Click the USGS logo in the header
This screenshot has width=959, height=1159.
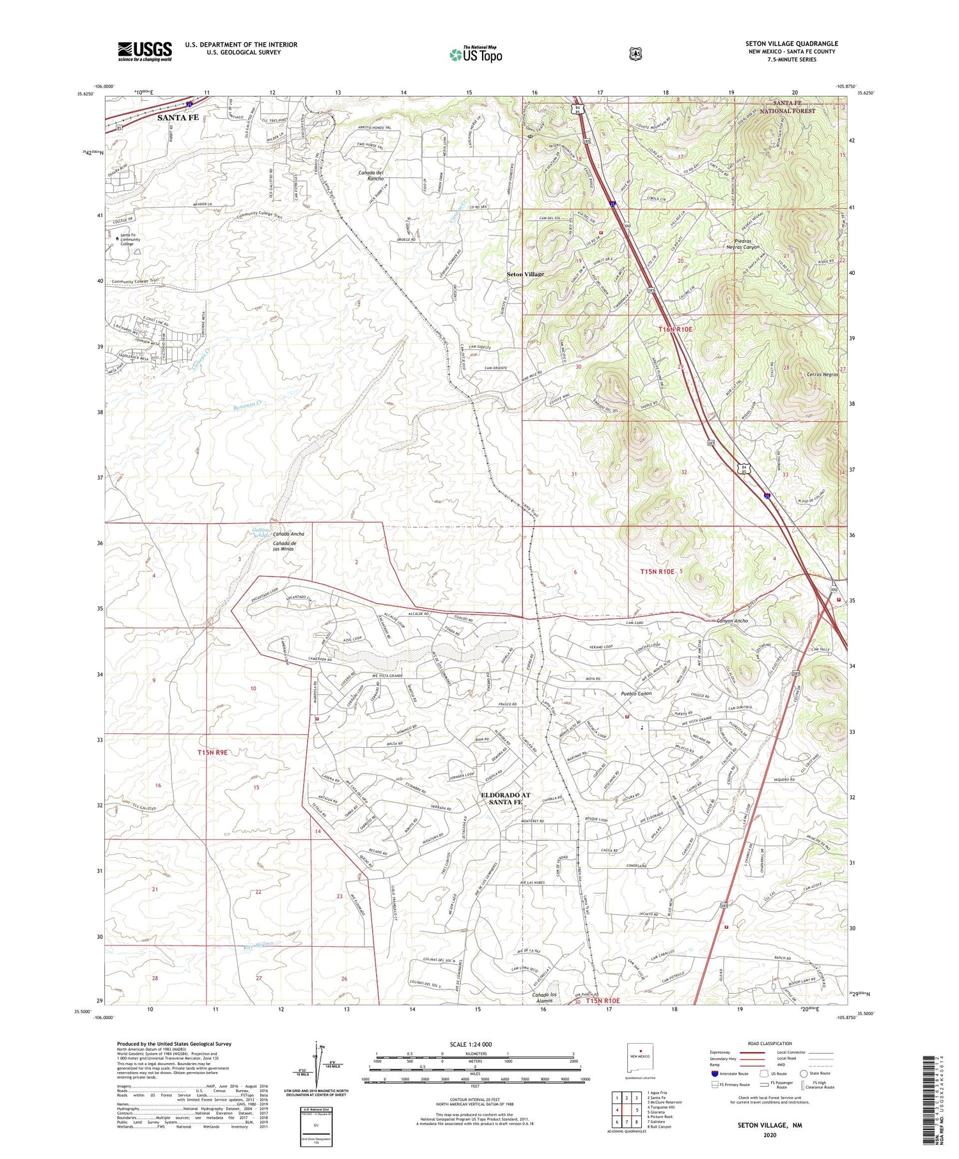(x=144, y=51)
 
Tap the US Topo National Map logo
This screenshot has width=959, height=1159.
(x=476, y=54)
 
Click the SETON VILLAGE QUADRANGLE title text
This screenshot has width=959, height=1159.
(x=791, y=43)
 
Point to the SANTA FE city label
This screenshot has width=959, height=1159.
(x=178, y=118)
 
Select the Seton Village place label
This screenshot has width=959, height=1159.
(x=526, y=274)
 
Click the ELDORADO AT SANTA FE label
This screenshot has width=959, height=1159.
(x=505, y=798)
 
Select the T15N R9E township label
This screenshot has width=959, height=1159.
(x=212, y=753)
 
